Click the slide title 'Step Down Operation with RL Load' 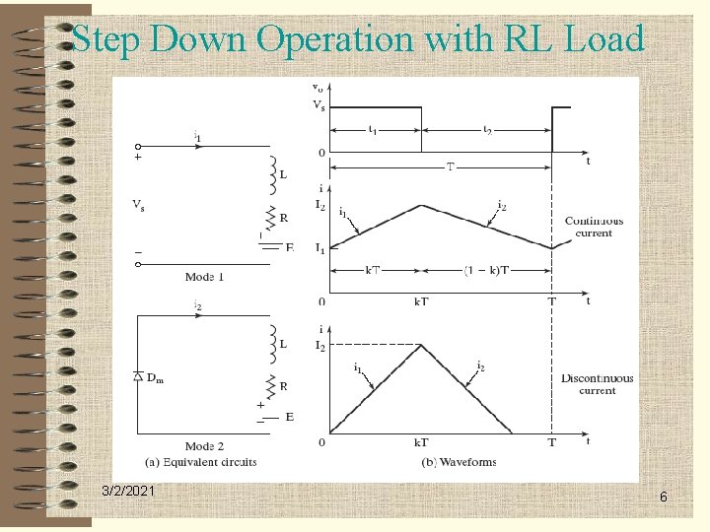click(x=358, y=39)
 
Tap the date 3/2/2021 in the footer click(x=127, y=491)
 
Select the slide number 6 click(x=664, y=498)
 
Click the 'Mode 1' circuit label click(x=205, y=277)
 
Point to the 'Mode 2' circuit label click(x=204, y=445)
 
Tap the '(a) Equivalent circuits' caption click(x=201, y=461)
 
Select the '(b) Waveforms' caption click(x=459, y=461)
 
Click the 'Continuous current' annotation click(x=592, y=227)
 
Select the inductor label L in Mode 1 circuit click(x=282, y=175)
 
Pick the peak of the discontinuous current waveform click(x=422, y=345)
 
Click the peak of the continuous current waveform click(x=422, y=205)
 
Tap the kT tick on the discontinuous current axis click(x=421, y=443)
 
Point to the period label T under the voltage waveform click(x=450, y=166)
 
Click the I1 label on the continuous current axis click(x=319, y=249)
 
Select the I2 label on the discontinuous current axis click(x=319, y=345)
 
